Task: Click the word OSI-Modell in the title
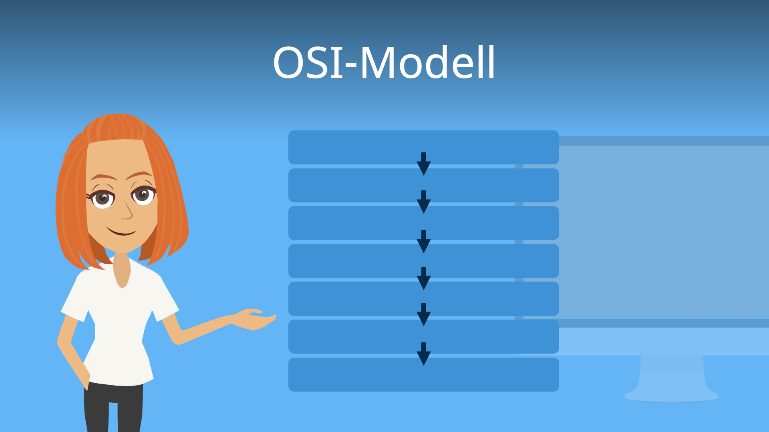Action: [384, 63]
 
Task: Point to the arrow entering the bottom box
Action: [423, 354]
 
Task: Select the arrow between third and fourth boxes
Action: [423, 241]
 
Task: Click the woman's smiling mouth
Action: [121, 232]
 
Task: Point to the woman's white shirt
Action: [120, 328]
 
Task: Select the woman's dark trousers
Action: [114, 408]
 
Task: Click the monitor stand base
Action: [672, 396]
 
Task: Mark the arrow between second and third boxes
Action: [423, 202]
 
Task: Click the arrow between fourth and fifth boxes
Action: [423, 278]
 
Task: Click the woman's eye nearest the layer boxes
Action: [143, 195]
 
